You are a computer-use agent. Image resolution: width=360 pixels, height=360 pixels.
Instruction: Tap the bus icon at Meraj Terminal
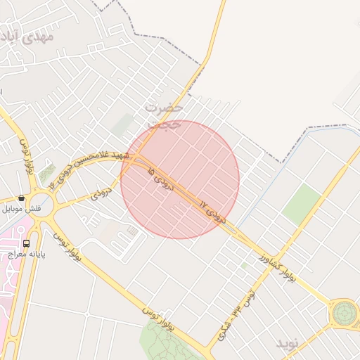pyautogui.click(x=27, y=243)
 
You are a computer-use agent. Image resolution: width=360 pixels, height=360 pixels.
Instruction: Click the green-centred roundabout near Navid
pyautogui.click(x=345, y=312)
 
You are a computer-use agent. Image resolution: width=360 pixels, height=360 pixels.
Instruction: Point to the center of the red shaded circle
pyautogui.click(x=180, y=179)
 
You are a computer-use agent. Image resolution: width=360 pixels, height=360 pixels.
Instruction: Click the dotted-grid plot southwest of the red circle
pyautogui.click(x=133, y=231)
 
